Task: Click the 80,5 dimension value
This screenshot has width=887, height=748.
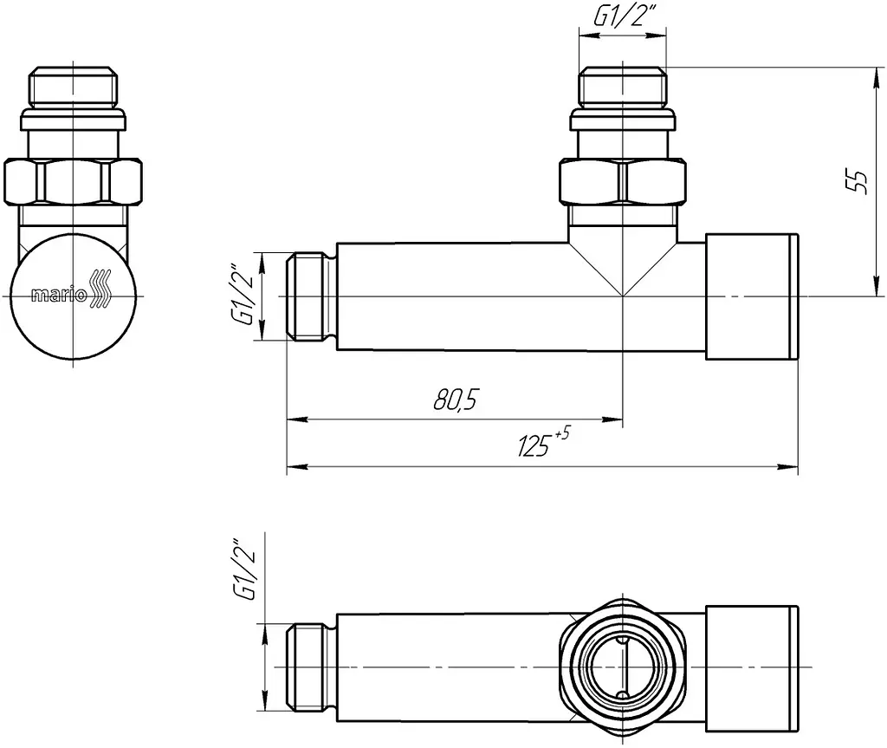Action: pos(456,400)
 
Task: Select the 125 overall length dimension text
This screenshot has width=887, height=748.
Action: pos(534,446)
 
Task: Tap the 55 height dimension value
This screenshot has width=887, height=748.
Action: pos(858,181)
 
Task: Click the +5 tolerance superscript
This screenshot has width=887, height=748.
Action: pos(562,433)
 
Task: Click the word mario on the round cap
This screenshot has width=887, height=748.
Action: pos(59,295)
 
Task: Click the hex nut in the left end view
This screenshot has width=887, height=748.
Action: pos(73,182)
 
